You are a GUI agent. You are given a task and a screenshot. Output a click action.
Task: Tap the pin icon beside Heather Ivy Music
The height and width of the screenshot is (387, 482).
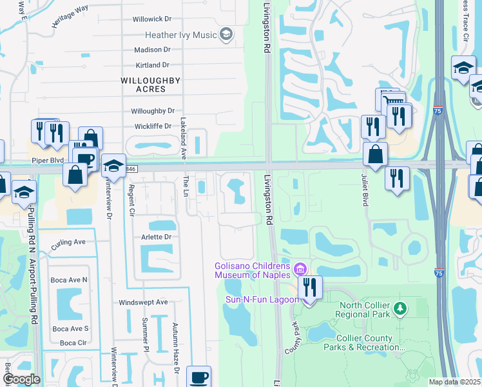226,35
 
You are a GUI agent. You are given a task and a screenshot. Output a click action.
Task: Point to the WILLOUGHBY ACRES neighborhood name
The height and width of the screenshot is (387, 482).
152,81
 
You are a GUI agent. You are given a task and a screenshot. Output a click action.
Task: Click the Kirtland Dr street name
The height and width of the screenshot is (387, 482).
152,65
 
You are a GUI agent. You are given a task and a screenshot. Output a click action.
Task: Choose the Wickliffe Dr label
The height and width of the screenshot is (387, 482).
153,126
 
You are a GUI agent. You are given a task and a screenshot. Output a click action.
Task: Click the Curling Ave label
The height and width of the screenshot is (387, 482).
69,242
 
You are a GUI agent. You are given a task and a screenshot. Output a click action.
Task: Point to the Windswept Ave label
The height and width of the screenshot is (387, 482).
143,302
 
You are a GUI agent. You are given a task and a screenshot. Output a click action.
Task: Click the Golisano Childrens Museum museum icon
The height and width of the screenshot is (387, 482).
299,268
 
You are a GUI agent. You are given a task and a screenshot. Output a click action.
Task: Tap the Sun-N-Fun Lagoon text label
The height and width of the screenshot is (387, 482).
261,300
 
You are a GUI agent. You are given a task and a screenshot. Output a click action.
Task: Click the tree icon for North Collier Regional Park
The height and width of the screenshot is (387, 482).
400,310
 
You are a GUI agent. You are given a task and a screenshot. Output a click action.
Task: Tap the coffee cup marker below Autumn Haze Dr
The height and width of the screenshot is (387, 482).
198,377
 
